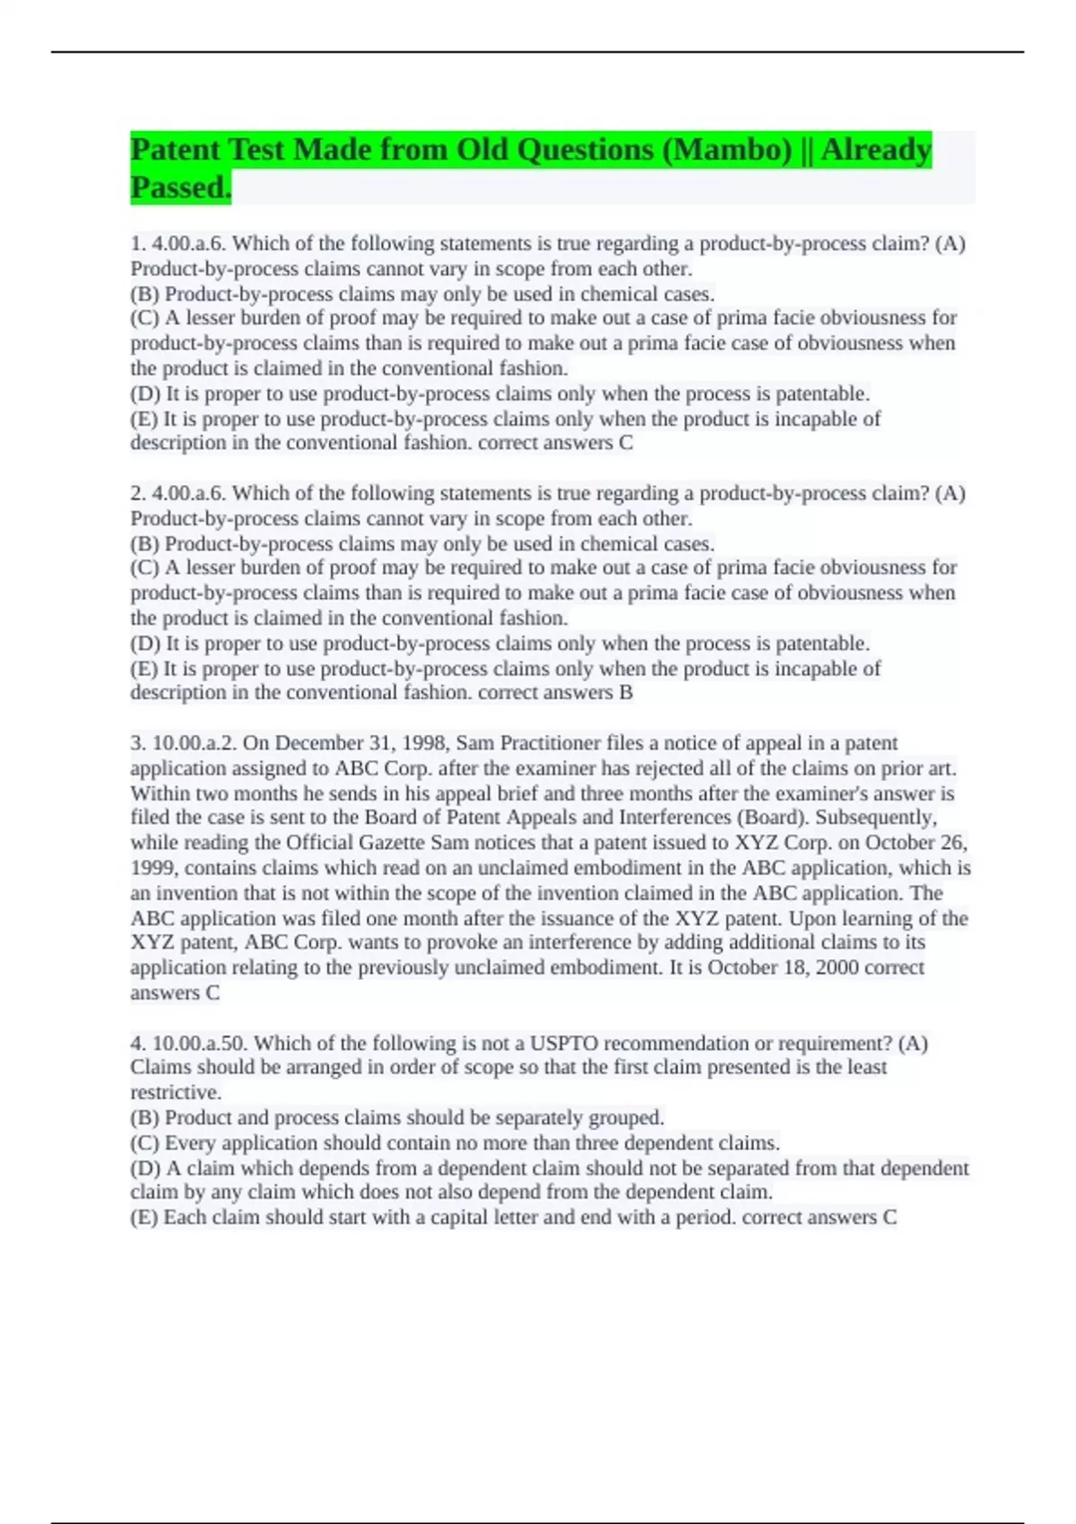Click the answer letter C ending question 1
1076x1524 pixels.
[626, 443]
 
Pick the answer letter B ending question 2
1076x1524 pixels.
[626, 692]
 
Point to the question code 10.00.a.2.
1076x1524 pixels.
[195, 743]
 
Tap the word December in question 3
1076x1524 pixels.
[318, 743]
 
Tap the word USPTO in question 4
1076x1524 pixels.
[561, 1043]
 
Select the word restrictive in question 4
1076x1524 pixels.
[174, 1093]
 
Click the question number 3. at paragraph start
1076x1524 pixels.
[138, 743]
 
